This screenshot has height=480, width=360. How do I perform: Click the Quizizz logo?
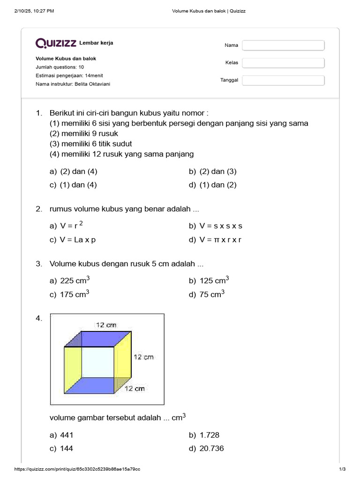tap(56, 43)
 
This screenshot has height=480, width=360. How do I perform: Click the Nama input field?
tap(283, 45)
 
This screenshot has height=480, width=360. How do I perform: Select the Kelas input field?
tap(283, 63)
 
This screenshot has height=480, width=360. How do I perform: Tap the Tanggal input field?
tap(283, 80)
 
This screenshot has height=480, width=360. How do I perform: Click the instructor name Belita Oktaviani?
tap(93, 84)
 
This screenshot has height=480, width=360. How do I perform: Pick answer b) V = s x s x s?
tap(216, 226)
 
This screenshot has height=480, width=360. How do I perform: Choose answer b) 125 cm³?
tap(209, 280)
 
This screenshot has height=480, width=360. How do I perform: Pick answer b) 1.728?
tap(204, 435)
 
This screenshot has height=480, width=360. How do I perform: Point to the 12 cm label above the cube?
tap(106, 324)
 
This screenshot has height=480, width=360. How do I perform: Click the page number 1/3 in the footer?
tap(342, 469)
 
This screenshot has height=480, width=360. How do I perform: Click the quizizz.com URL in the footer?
tap(77, 469)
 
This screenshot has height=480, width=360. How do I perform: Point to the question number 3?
tap(39, 264)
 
